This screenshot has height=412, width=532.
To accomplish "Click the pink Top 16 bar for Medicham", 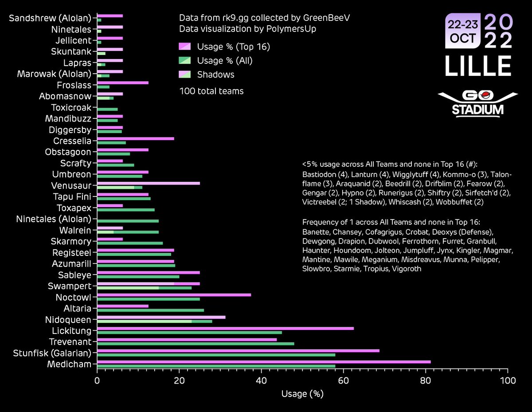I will pyautogui.click(x=264, y=362).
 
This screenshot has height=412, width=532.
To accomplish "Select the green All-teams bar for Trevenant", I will pyautogui.click(x=196, y=343).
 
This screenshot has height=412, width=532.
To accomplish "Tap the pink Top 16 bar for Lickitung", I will pyautogui.click(x=225, y=329).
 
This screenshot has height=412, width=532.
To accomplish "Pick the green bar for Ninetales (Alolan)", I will pyautogui.click(x=128, y=221).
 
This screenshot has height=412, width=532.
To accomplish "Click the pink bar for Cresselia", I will pyautogui.click(x=135, y=139).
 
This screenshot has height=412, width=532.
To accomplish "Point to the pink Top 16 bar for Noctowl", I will pyautogui.click(x=174, y=295).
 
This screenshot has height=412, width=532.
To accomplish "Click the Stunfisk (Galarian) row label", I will pyautogui.click(x=52, y=353).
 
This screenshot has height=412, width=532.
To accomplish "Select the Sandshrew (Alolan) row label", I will pyautogui.click(x=50, y=18).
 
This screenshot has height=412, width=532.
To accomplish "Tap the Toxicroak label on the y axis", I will pyautogui.click(x=71, y=107).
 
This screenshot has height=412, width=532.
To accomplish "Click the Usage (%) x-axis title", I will pyautogui.click(x=302, y=394).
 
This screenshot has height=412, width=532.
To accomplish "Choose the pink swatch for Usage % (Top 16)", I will pyautogui.click(x=185, y=47).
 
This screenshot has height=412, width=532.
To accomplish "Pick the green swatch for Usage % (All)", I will pyautogui.click(x=185, y=61).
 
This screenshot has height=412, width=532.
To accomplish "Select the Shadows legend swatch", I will pyautogui.click(x=185, y=75).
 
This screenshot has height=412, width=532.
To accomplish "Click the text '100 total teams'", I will pyautogui.click(x=211, y=91).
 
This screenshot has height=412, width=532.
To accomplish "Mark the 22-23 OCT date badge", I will pyautogui.click(x=463, y=31).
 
